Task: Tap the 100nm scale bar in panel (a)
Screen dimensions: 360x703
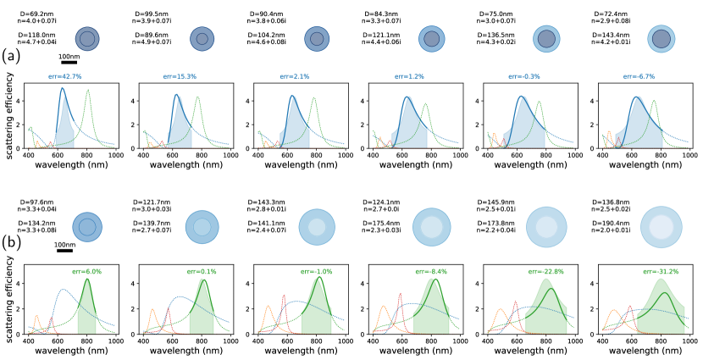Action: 69,61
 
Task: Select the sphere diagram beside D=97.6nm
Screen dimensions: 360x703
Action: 86,226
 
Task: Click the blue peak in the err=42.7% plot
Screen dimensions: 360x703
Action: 62,89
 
